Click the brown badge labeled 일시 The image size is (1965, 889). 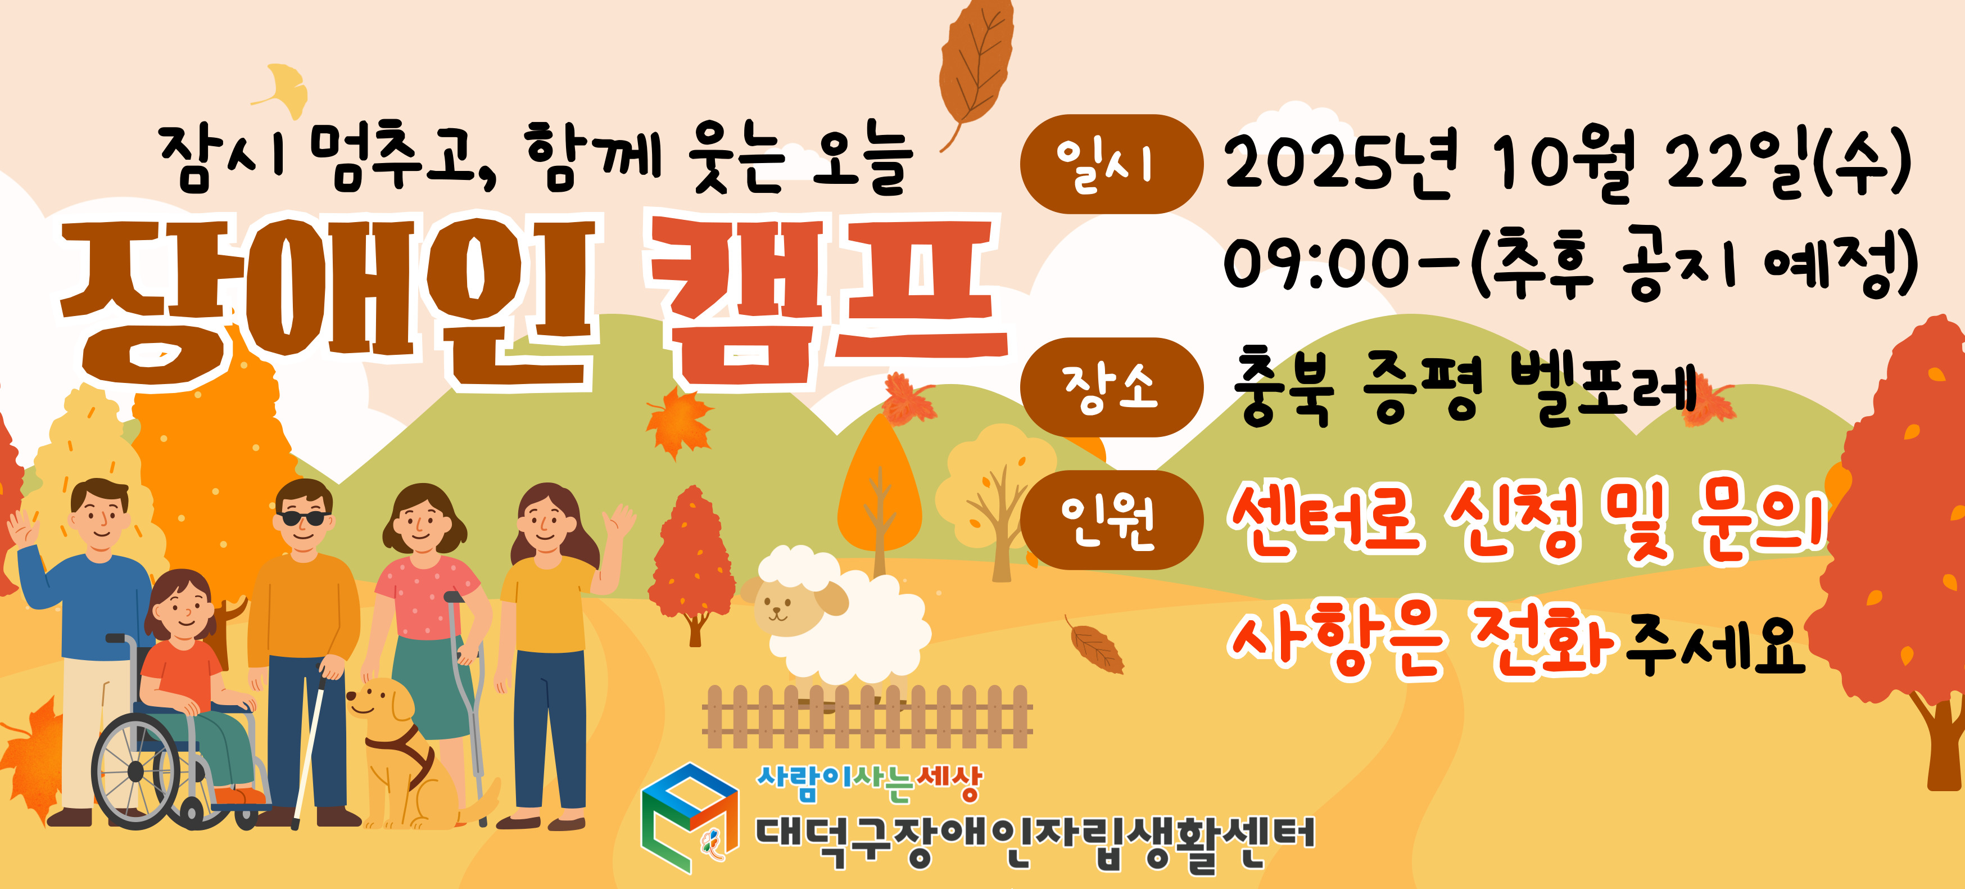tap(1111, 164)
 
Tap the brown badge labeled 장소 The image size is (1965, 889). tap(1111, 387)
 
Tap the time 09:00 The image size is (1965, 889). tap(1316, 263)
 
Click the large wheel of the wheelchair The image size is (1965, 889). tap(135, 771)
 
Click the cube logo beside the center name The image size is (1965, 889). tap(690, 816)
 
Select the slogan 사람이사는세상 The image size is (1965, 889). tap(869, 783)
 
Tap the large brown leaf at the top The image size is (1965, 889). tap(976, 73)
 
